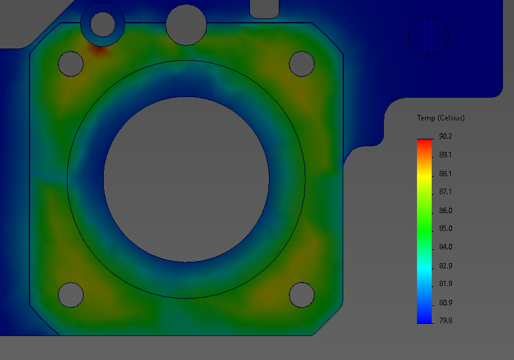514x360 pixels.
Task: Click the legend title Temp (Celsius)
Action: (440, 118)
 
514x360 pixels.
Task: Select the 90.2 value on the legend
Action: (446, 136)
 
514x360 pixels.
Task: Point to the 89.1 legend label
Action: (446, 155)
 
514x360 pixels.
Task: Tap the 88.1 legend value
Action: (446, 173)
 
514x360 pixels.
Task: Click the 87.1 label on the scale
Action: (446, 192)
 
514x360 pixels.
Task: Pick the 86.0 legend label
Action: (446, 211)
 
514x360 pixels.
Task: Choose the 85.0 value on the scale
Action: (446, 229)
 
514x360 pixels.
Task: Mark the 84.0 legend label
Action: (446, 247)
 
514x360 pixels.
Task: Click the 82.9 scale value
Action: (446, 266)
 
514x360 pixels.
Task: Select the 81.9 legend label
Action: (446, 284)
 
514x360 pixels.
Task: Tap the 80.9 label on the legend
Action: (446, 303)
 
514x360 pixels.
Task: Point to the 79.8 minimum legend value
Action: (446, 320)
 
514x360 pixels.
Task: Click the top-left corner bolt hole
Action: (71, 63)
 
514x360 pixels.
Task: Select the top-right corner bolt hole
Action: (302, 63)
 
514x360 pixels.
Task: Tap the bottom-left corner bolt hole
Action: (71, 295)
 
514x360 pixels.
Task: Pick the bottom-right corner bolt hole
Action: (302, 295)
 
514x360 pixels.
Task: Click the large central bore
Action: (186, 179)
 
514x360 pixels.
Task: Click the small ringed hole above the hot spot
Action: (103, 24)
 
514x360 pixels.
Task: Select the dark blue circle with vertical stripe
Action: (429, 36)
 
